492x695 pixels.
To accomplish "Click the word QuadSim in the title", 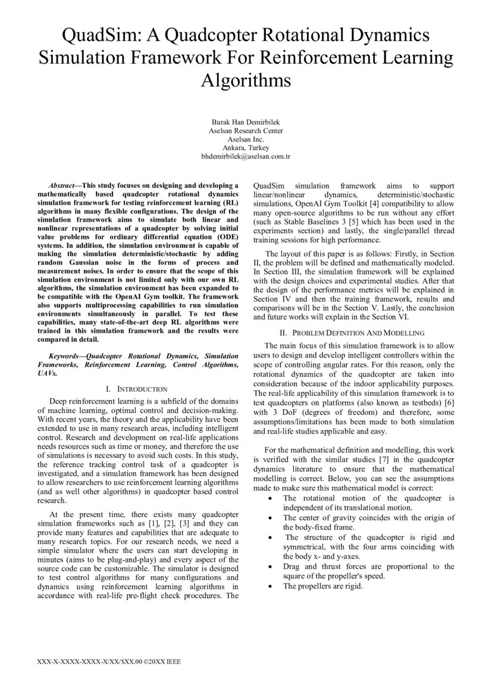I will pos(99,36).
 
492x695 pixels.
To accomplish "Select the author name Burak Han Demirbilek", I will pos(246,121).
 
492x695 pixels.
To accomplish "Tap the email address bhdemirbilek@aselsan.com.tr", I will pos(246,156).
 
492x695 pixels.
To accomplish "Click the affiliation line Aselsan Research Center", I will pos(246,130).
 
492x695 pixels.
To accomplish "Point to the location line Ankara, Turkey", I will pos(246,147).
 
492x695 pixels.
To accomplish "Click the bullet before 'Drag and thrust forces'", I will pos(272,567).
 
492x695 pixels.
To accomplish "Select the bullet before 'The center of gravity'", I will pos(272,518).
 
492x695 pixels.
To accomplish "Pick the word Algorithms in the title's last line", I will pos(246,79).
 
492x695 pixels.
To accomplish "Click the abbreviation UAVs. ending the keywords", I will pos(48,375).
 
